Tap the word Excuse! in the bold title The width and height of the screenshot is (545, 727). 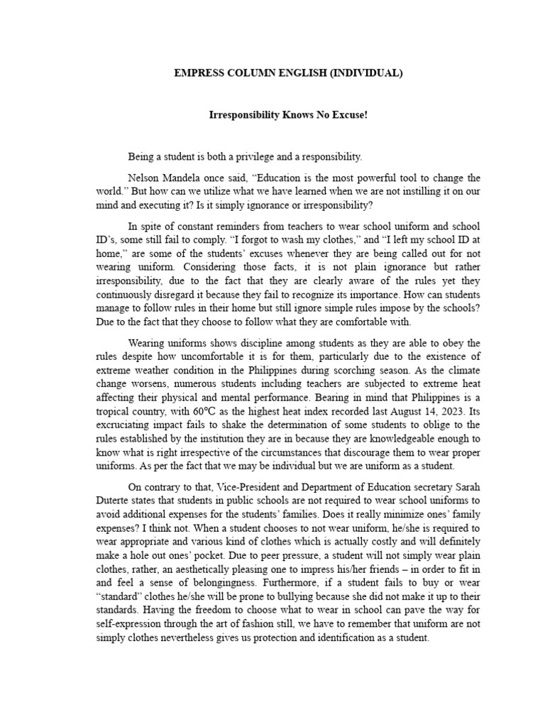(351, 114)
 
